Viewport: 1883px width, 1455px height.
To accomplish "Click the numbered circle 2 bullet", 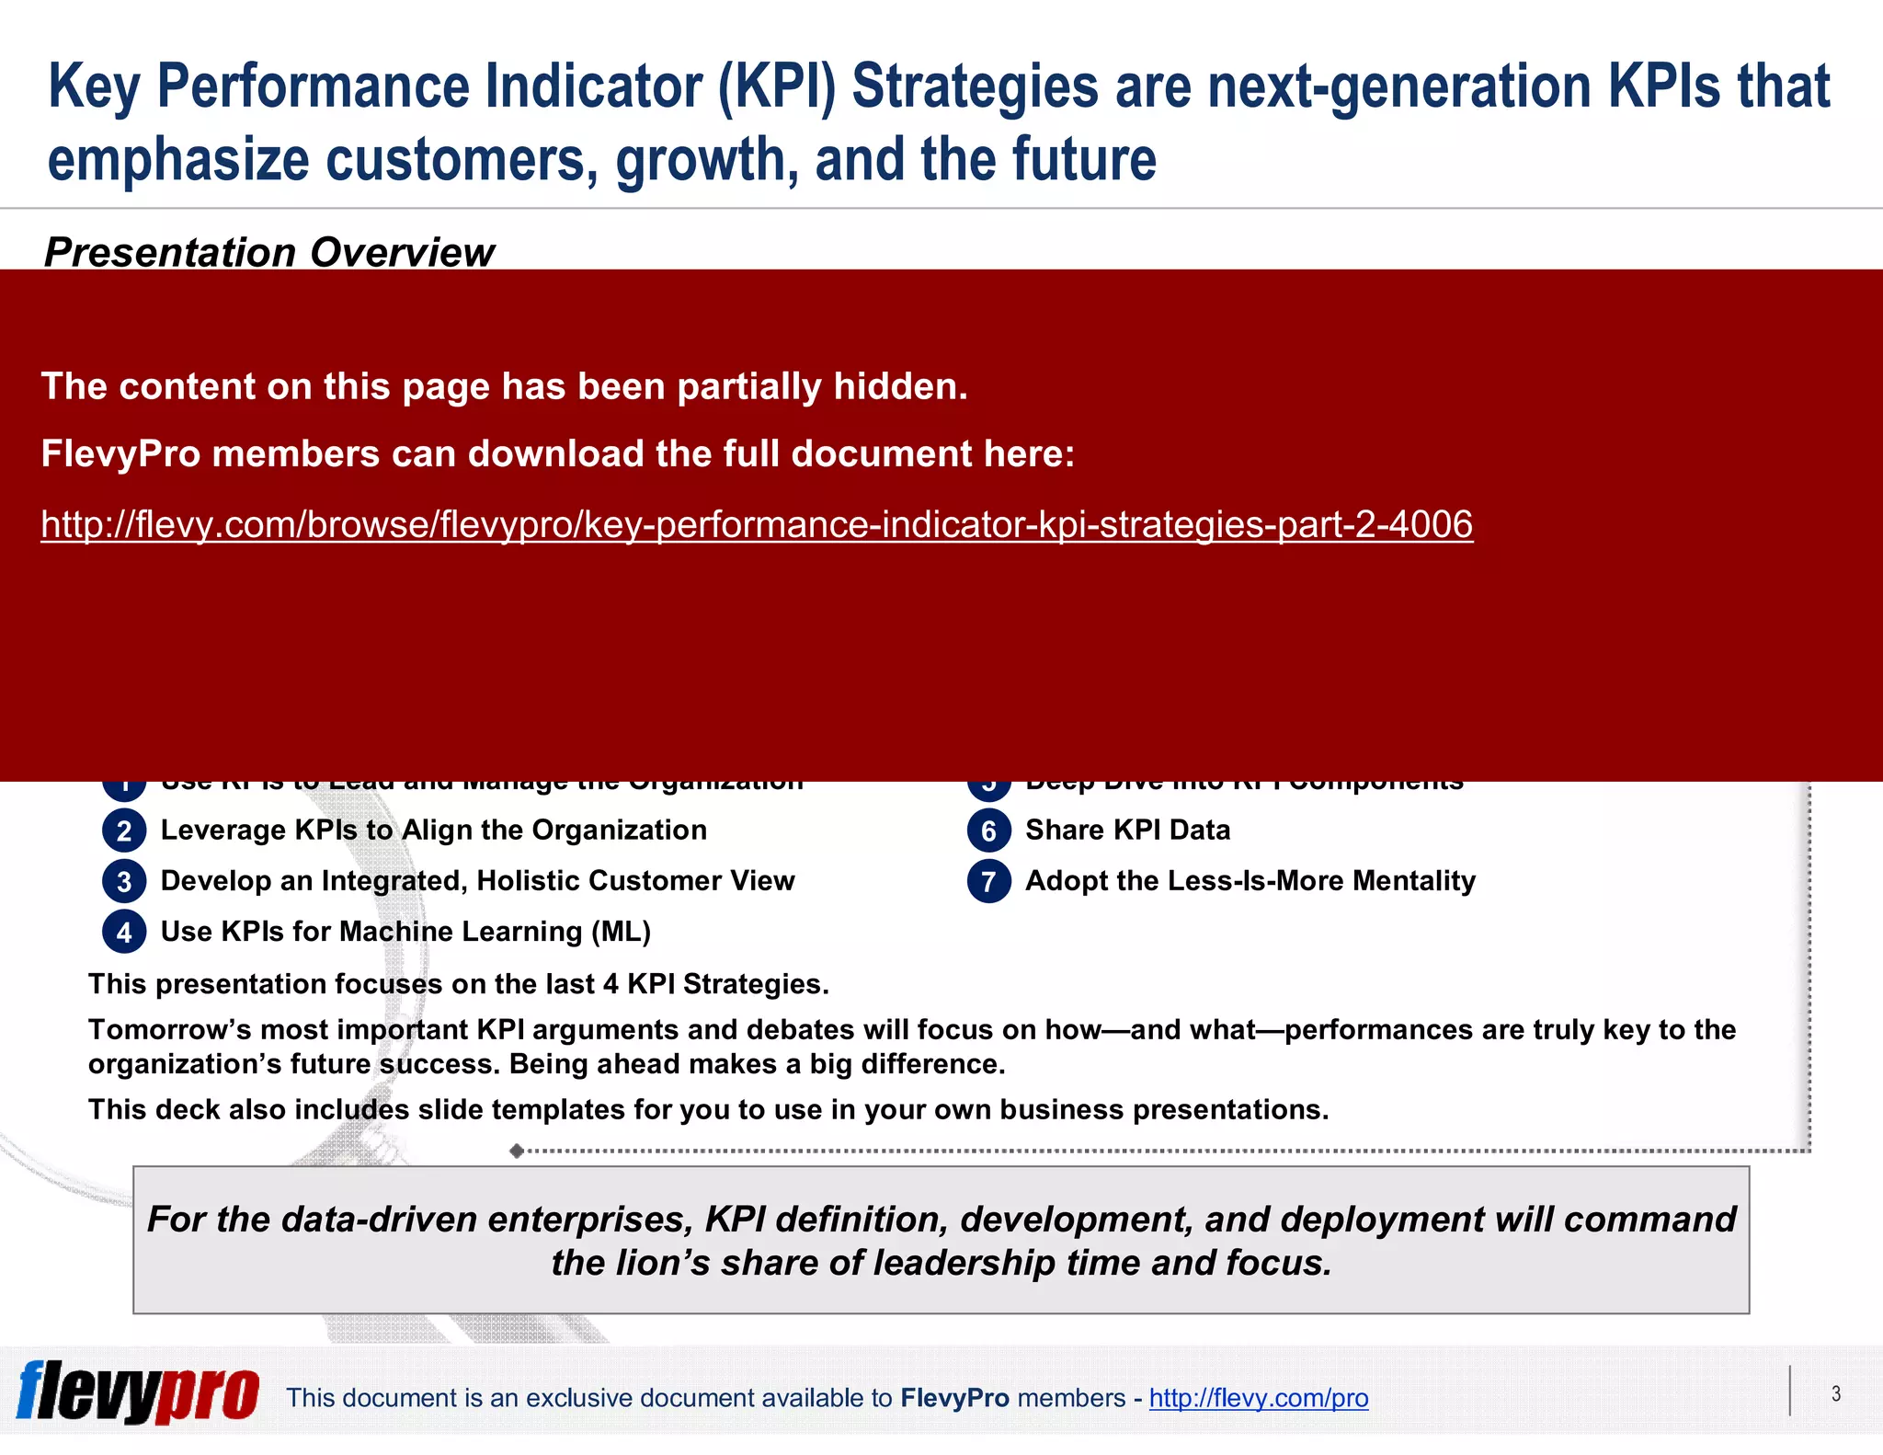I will click(124, 831).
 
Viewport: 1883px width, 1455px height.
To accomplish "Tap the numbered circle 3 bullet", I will click(124, 881).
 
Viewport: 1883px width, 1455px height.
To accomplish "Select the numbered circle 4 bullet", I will click(124, 932).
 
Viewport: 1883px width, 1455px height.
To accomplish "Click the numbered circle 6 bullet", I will click(988, 831).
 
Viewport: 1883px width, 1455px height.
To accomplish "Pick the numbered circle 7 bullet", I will click(988, 881).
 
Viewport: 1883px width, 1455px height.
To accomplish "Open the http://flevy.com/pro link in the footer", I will click(1258, 1398).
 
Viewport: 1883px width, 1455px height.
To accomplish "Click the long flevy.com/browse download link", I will click(756, 524).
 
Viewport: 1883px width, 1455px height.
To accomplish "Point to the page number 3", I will click(1835, 1393).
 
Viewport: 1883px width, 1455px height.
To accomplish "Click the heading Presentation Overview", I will click(268, 252).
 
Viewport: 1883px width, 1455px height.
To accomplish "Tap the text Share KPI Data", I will click(1127, 830).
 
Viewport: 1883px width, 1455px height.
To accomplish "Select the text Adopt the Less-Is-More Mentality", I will click(1250, 880).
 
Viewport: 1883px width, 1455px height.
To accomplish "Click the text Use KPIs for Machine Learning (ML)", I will click(405, 931).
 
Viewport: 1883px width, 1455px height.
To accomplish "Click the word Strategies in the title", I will click(975, 86).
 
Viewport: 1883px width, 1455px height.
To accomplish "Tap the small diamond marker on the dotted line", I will click(517, 1151).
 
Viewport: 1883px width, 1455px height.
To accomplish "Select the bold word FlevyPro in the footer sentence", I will click(954, 1398).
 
